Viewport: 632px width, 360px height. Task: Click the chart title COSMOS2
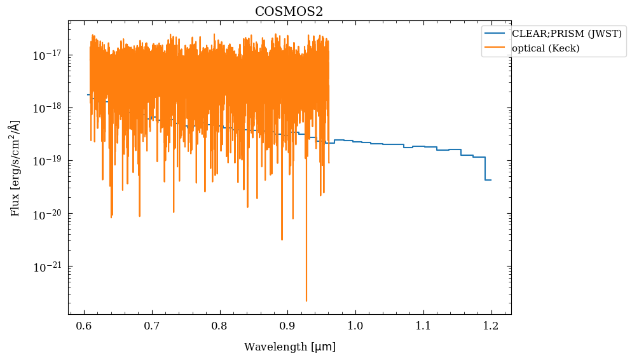pyautogui.click(x=289, y=11)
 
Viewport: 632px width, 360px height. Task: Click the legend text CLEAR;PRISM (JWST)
pyautogui.click(x=567, y=34)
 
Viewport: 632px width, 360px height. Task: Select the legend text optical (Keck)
pyautogui.click(x=546, y=48)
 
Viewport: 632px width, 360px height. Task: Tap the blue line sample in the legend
pyautogui.click(x=496, y=34)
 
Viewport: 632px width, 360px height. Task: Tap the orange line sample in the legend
pyautogui.click(x=496, y=48)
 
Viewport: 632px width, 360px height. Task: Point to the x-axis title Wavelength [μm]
pyautogui.click(x=290, y=347)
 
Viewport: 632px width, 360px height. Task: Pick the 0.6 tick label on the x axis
pyautogui.click(x=85, y=326)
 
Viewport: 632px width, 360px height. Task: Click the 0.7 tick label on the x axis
pyautogui.click(x=152, y=326)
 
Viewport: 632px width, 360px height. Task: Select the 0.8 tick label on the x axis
pyautogui.click(x=220, y=326)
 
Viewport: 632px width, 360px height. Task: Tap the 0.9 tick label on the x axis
pyautogui.click(x=287, y=326)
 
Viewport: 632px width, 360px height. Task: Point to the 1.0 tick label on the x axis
pyautogui.click(x=355, y=326)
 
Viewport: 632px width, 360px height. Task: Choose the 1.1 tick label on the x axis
pyautogui.click(x=423, y=326)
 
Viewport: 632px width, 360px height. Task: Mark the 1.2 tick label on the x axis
pyautogui.click(x=491, y=326)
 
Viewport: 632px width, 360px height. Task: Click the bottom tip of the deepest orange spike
pyautogui.click(x=306, y=301)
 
